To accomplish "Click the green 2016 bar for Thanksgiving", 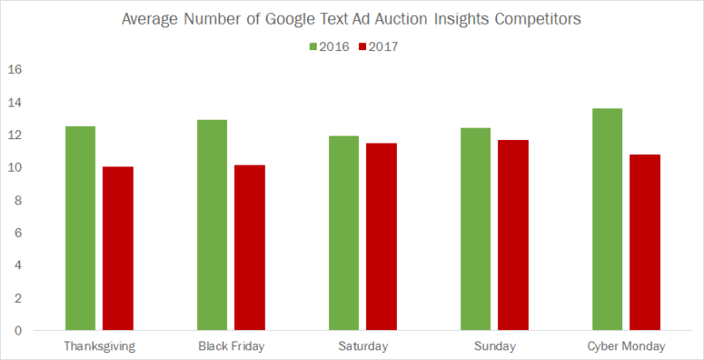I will [x=80, y=228].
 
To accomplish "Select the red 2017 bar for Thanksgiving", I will [x=117, y=248].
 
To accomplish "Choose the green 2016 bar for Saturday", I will [x=344, y=233].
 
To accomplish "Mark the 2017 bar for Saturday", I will [x=381, y=237].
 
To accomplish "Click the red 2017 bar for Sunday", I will [x=512, y=235].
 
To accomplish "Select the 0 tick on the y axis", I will [x=18, y=330].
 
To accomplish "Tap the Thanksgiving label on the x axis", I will [x=99, y=346].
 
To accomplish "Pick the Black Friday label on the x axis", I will [x=231, y=346].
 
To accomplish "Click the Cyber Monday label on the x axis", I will [x=626, y=346].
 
